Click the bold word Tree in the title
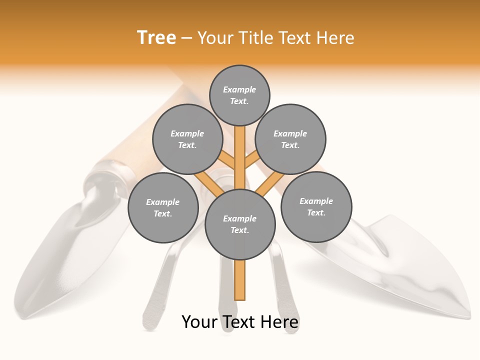point(156,38)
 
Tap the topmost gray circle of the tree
point(239,95)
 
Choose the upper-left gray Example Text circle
point(187,139)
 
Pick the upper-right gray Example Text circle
point(290,139)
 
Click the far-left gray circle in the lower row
point(163,207)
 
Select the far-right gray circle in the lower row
point(316,206)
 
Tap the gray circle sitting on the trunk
point(240,224)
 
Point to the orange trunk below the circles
point(240,280)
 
